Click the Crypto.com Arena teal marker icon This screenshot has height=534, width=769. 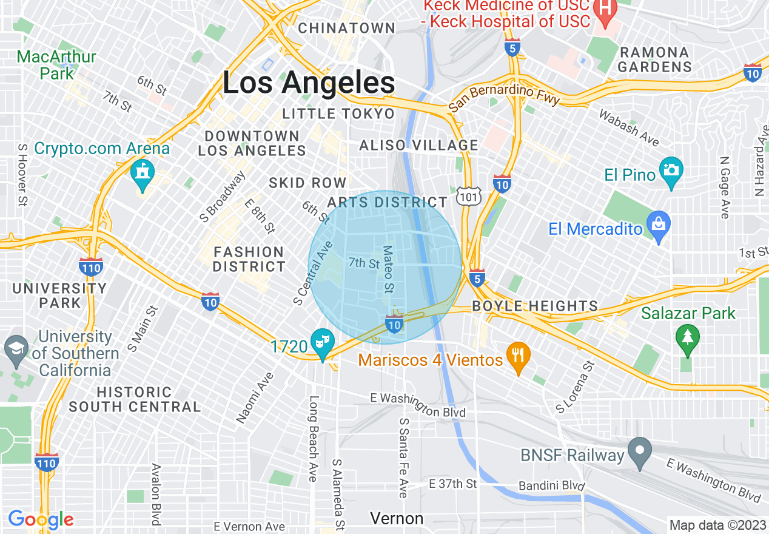pyautogui.click(x=143, y=172)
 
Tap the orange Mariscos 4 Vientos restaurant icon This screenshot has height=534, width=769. pyautogui.click(x=517, y=354)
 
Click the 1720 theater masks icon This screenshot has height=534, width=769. pyautogui.click(x=321, y=340)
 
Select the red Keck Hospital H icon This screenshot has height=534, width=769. pyautogui.click(x=605, y=7)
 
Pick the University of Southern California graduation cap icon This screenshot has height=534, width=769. pyautogui.click(x=15, y=348)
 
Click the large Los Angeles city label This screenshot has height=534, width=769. pyautogui.click(x=309, y=83)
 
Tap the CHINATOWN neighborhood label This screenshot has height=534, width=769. pyautogui.click(x=347, y=28)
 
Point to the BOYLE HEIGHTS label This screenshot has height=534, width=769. pyautogui.click(x=535, y=306)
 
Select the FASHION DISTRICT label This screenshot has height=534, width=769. pyautogui.click(x=249, y=259)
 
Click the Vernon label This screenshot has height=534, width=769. pyautogui.click(x=397, y=518)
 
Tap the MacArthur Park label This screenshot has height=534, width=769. pyautogui.click(x=56, y=66)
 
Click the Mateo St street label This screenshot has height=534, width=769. pyautogui.click(x=389, y=269)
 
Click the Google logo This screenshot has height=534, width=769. pyautogui.click(x=41, y=519)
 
